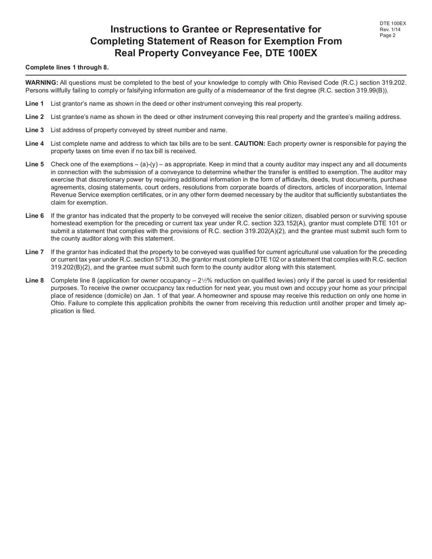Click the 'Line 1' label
click(x=35, y=103)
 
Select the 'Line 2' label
click(x=35, y=117)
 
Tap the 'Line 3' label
click(x=35, y=130)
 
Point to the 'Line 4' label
click(x=35, y=144)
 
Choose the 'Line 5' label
click(x=35, y=164)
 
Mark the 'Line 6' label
click(x=35, y=215)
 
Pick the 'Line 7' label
click(x=35, y=252)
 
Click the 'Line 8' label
click(x=35, y=281)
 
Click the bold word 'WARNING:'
click(x=42, y=83)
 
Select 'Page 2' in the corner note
click(x=388, y=36)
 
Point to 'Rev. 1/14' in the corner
click(x=390, y=30)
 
